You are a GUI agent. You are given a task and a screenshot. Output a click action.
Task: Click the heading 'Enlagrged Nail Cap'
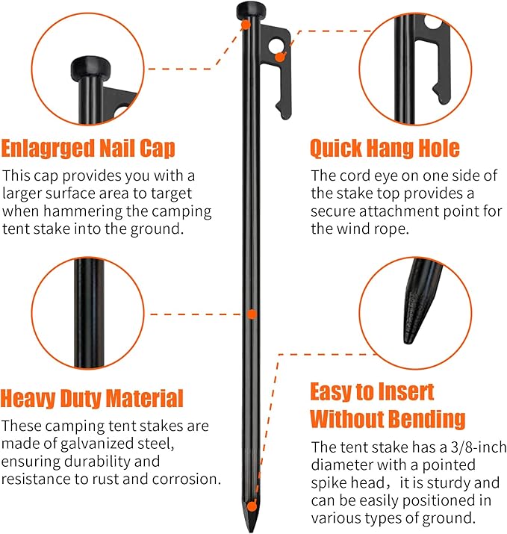tap(88, 148)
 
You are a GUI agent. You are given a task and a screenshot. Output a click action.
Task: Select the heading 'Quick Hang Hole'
tap(384, 148)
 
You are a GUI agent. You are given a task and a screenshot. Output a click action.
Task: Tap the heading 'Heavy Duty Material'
tap(91, 397)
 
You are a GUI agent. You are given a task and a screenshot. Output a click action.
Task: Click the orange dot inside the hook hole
tap(279, 56)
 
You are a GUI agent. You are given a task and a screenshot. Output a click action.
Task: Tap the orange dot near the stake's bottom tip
tap(254, 506)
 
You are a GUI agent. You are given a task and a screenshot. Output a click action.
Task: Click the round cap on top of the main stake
tap(247, 10)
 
